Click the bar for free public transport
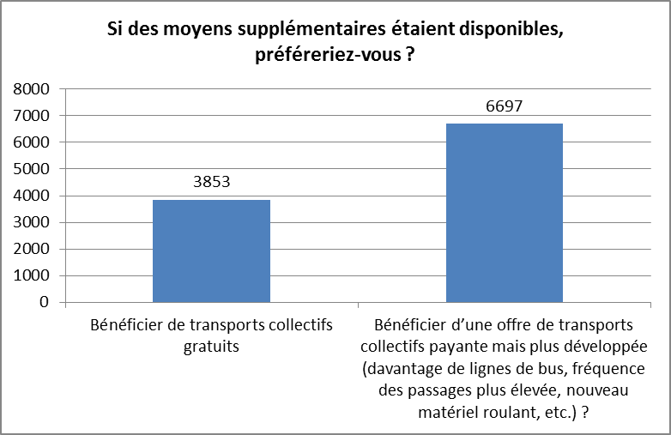tap(211, 251)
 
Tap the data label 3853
tap(211, 183)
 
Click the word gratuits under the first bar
tap(211, 347)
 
